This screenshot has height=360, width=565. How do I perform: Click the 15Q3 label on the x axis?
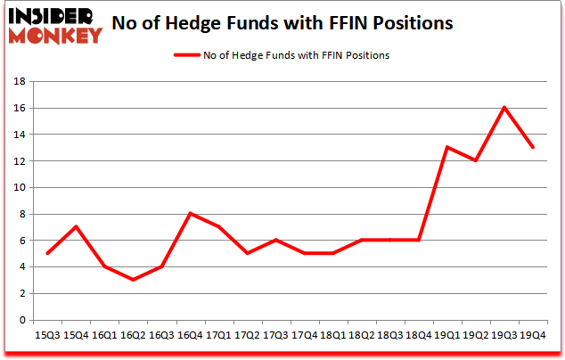(x=47, y=334)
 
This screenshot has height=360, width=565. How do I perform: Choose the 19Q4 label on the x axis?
(x=533, y=334)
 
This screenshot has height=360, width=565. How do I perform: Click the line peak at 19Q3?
(x=504, y=108)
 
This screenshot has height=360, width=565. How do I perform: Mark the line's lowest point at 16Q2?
(x=134, y=280)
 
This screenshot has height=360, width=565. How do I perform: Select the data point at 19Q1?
(x=446, y=147)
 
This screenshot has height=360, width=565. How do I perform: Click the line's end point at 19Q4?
(x=533, y=147)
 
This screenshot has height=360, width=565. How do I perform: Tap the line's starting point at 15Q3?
(x=47, y=253)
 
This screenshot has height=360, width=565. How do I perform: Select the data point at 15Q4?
(x=77, y=226)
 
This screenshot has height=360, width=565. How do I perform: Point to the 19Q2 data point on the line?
(x=475, y=160)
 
